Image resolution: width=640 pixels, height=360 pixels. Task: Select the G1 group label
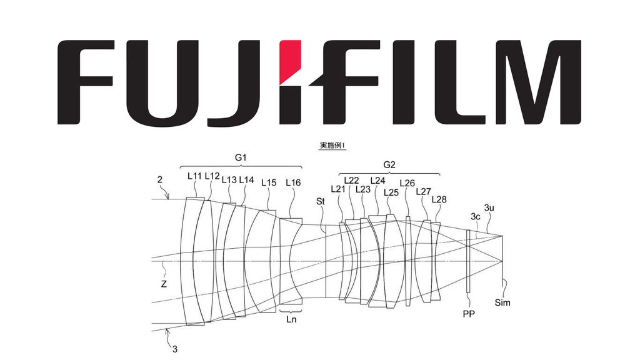pos(240,159)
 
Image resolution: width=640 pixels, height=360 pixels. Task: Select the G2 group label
pos(389,165)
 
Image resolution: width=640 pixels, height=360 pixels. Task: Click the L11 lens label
pos(194,176)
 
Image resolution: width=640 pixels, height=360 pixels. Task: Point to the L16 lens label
pos(293,182)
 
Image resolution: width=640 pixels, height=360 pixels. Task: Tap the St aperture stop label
pos(321,201)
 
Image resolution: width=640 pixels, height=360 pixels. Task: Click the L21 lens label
pos(337,189)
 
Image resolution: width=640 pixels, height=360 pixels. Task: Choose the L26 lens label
pos(407,183)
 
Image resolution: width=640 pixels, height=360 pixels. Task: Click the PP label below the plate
pos(468,313)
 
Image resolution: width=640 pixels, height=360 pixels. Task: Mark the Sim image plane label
pos(502,302)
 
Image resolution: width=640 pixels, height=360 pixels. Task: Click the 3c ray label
pos(476,217)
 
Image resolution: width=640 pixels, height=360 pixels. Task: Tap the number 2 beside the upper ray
pos(159,180)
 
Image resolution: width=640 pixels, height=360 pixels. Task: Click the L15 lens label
pos(269,182)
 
